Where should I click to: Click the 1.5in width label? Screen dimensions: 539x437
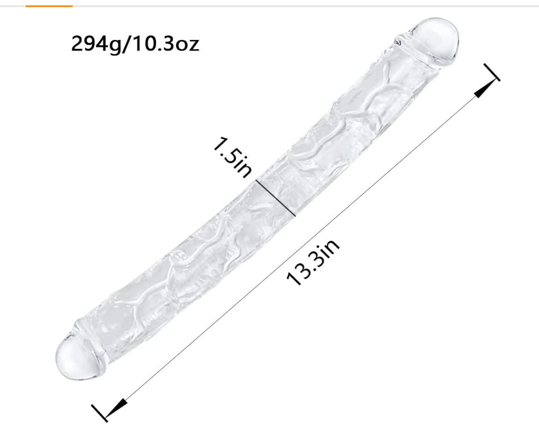[x=233, y=157]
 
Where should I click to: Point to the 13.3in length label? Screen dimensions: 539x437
[x=313, y=262]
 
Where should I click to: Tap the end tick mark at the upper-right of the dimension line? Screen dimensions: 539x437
[x=492, y=72]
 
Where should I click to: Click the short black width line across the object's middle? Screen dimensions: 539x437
[x=275, y=198]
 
